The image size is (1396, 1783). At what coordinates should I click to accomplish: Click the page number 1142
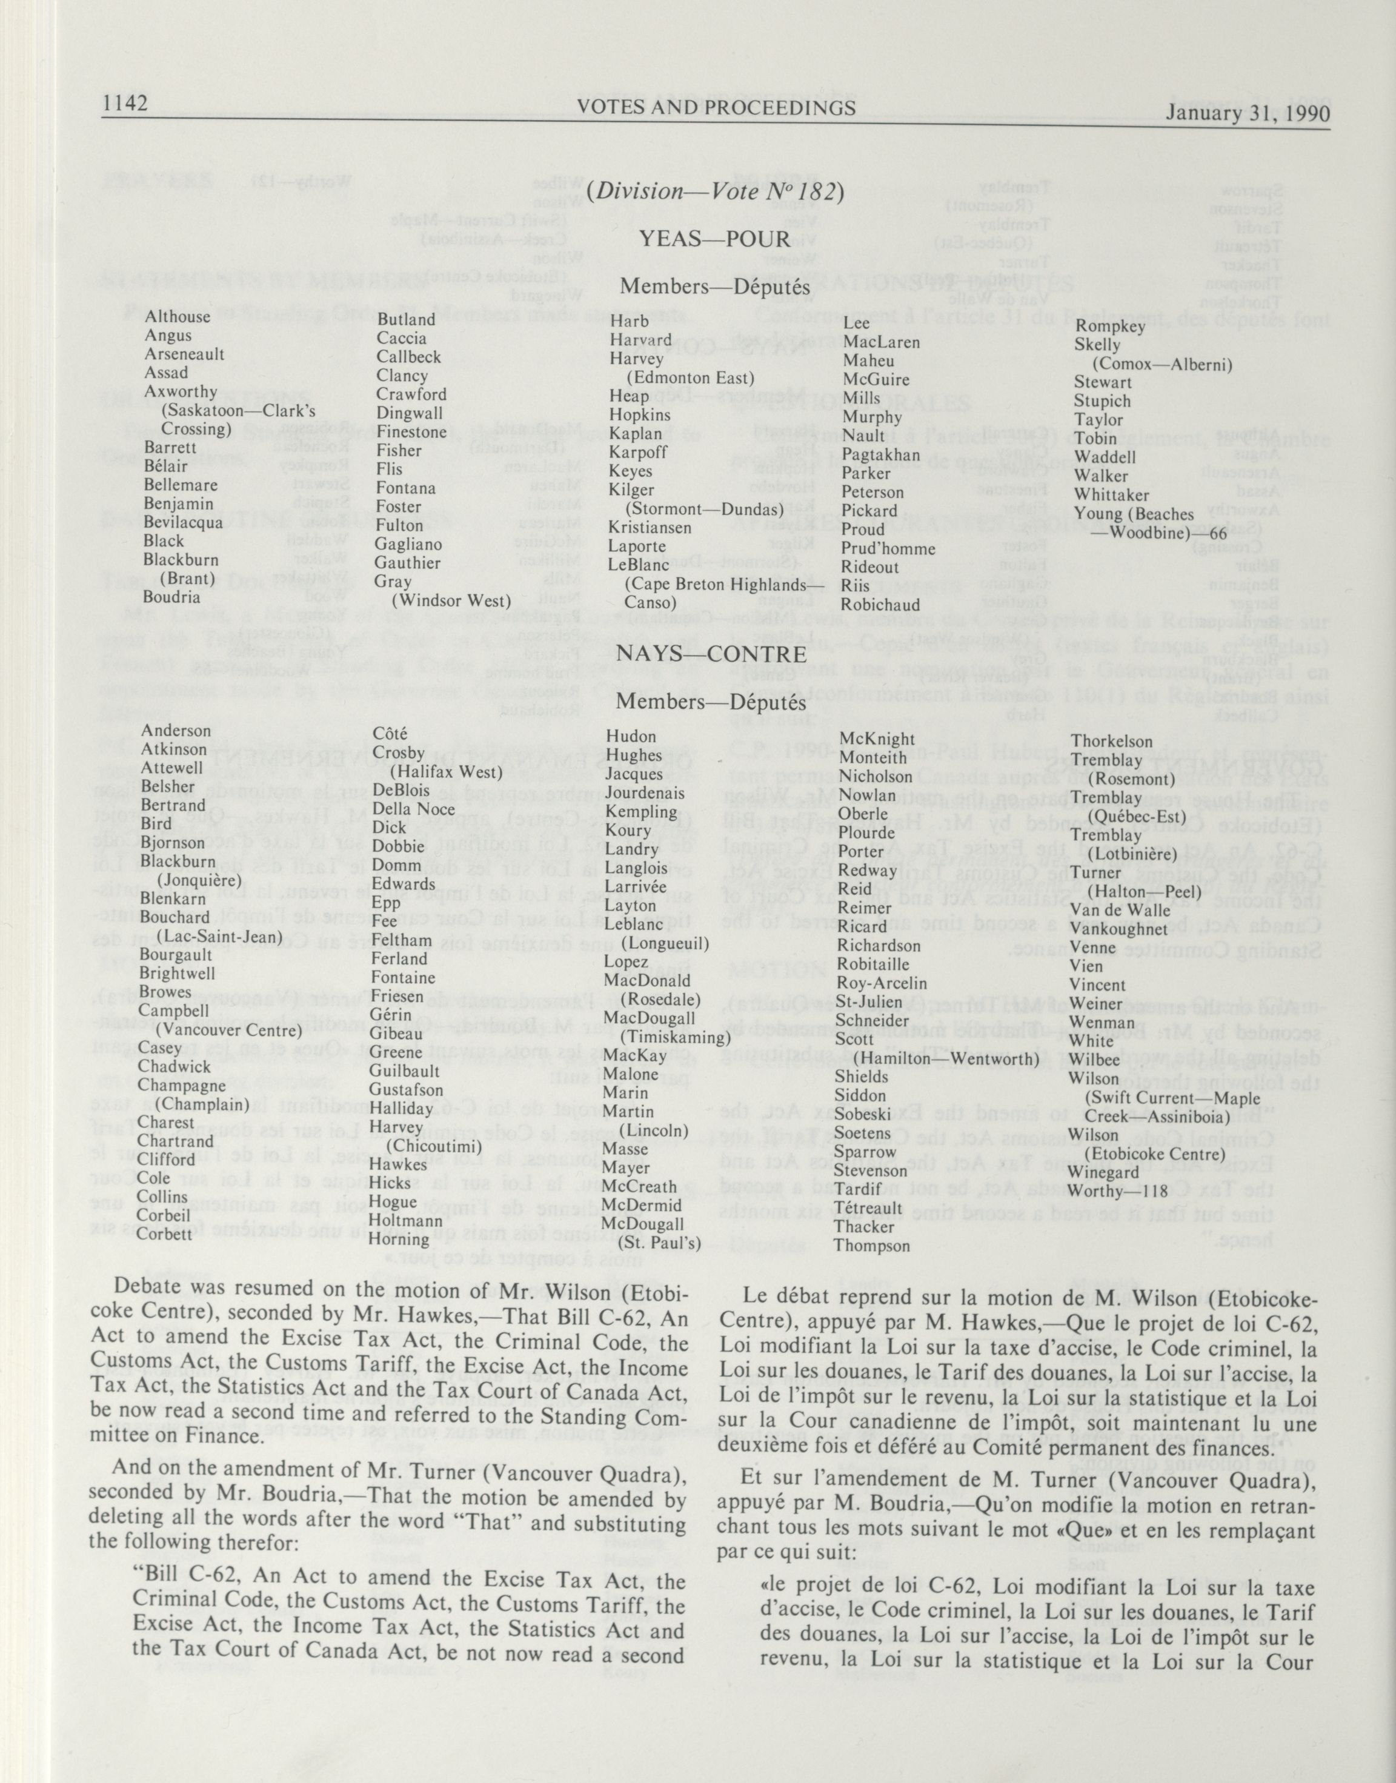pyautogui.click(x=124, y=105)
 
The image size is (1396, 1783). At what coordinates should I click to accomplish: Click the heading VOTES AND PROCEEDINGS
pyautogui.click(x=716, y=108)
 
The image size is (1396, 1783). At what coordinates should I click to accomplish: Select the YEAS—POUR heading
pyautogui.click(x=714, y=239)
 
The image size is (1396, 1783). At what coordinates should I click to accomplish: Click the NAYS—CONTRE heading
pyautogui.click(x=712, y=654)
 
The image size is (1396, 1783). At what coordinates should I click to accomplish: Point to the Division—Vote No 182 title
pyautogui.click(x=714, y=191)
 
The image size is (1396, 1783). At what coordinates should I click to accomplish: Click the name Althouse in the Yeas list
pyautogui.click(x=178, y=316)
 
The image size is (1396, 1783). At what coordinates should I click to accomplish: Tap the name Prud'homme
pyautogui.click(x=888, y=548)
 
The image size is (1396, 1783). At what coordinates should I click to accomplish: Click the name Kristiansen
pyautogui.click(x=650, y=527)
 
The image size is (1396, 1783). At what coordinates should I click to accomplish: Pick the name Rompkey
pyautogui.click(x=1106, y=326)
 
